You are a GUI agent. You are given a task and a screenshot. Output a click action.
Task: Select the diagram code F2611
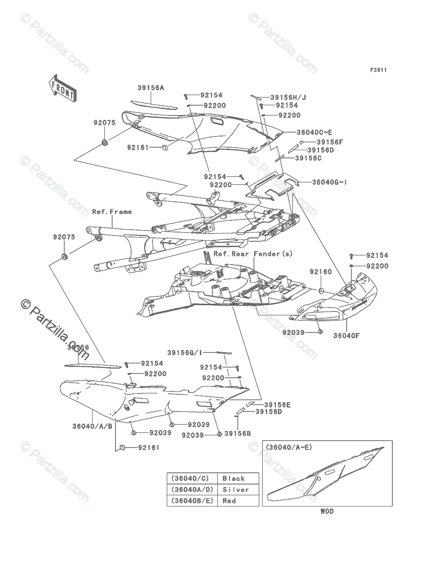click(378, 70)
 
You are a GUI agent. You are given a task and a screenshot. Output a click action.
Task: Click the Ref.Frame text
click(112, 212)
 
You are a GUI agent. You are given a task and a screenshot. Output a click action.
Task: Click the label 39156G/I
click(185, 352)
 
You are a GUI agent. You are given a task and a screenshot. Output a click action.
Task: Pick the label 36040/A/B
click(93, 426)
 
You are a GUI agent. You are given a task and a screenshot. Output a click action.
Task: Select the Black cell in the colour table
click(234, 478)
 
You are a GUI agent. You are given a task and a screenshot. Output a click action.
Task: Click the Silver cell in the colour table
click(235, 489)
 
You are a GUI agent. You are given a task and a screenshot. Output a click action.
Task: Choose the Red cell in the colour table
click(229, 501)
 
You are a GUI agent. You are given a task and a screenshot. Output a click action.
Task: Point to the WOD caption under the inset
click(327, 512)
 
